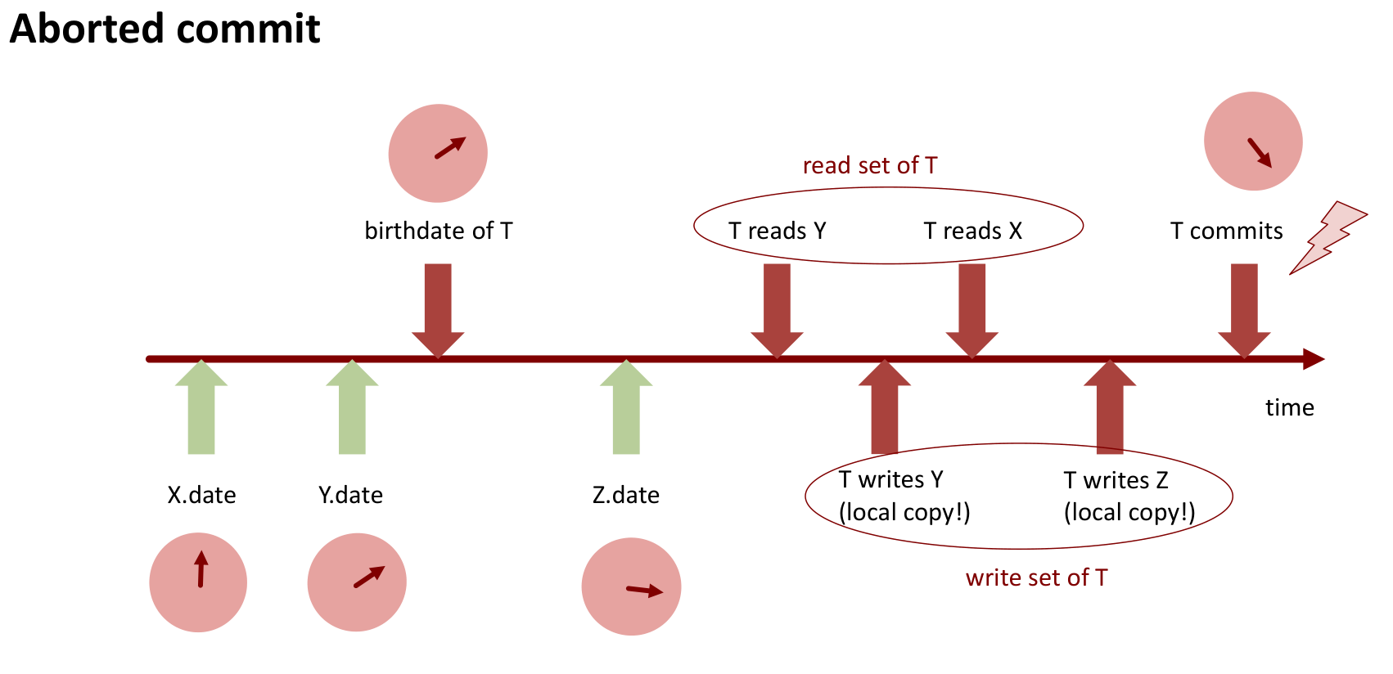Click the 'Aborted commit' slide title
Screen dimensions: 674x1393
coord(165,29)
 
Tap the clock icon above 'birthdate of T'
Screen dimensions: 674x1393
coord(438,153)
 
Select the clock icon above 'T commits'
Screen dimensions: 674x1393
coord(1253,142)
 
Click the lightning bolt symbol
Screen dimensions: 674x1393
coord(1327,237)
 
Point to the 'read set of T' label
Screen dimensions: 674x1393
coord(870,165)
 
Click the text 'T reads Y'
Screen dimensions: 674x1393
coord(778,231)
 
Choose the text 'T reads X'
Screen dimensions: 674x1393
coord(973,231)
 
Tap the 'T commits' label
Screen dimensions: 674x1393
coord(1226,231)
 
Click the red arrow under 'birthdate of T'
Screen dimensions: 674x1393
coord(438,307)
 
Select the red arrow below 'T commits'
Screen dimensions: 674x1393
coord(1244,307)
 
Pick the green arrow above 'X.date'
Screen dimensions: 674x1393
coord(201,409)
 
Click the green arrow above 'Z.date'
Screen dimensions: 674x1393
coord(626,409)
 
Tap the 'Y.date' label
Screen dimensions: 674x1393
coord(350,495)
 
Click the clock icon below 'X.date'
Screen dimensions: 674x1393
coord(198,582)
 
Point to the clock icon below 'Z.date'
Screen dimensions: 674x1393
coord(631,586)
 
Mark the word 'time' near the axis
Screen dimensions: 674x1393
coord(1289,407)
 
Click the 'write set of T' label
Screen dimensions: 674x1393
coord(1036,577)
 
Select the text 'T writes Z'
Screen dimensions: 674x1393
coord(1116,480)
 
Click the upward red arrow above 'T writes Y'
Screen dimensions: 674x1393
coord(885,409)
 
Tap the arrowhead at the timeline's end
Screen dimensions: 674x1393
coord(1314,359)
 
